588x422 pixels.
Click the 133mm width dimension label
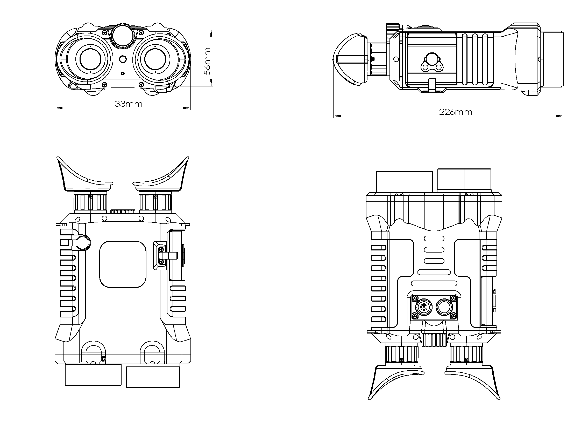pos(126,104)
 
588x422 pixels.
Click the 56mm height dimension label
pos(207,62)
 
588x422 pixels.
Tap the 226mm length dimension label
pos(456,112)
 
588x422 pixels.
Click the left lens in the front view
pos(90,59)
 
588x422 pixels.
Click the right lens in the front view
pos(155,59)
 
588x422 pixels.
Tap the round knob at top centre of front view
pos(123,36)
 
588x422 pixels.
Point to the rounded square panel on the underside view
pos(123,264)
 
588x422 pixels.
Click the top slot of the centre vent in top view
pos(434,239)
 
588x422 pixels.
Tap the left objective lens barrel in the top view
pos(404,181)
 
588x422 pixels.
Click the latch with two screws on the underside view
pos(162,256)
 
